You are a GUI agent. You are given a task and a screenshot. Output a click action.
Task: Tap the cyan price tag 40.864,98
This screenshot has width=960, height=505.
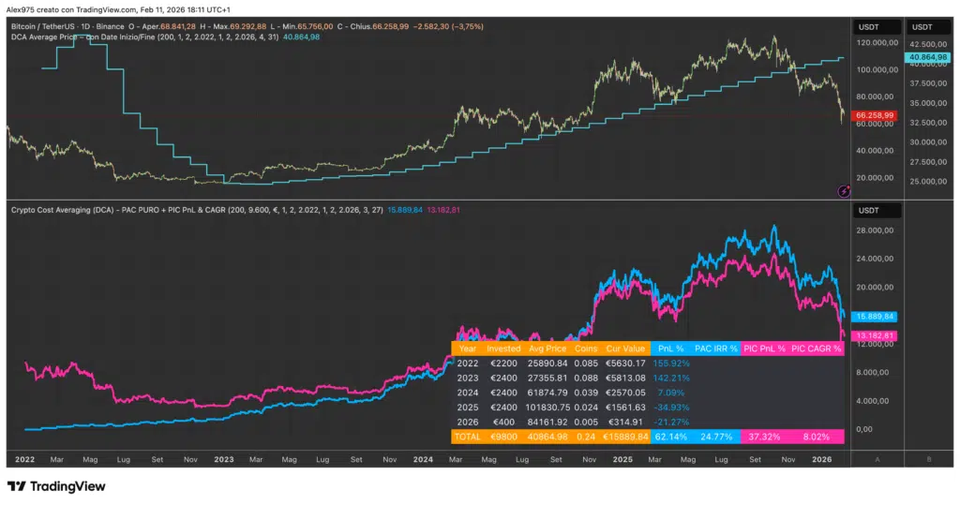pyautogui.click(x=926, y=57)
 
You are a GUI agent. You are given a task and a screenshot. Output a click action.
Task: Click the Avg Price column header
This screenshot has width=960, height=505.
pyautogui.click(x=547, y=349)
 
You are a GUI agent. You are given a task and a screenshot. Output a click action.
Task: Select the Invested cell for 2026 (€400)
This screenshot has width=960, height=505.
pyautogui.click(x=502, y=422)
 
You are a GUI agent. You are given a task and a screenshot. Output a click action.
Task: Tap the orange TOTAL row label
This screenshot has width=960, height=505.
pyautogui.click(x=467, y=437)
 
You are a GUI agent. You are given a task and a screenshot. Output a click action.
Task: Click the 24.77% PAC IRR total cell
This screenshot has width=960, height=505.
pyautogui.click(x=719, y=437)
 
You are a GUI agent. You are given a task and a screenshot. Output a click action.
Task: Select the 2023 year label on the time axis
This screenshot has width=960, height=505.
pyautogui.click(x=224, y=460)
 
